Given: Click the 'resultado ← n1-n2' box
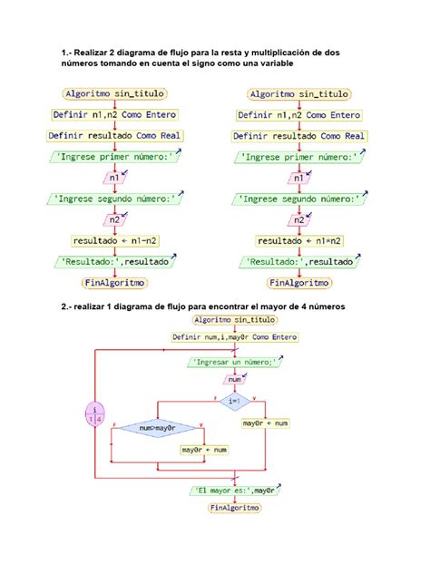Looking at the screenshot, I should point(114,241).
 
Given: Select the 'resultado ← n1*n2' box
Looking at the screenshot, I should point(299,241).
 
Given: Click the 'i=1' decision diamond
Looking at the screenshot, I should point(234,400).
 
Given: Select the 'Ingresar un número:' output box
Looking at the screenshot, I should point(234,361).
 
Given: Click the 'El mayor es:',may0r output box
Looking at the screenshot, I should point(234,490).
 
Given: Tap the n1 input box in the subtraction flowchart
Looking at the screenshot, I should point(114,178).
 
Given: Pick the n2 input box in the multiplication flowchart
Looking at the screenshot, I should point(299,220).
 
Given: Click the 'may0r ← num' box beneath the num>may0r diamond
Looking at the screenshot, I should point(202,450).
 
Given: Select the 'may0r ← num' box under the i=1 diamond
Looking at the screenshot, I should point(265,423).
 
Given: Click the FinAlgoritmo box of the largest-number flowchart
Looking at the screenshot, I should point(234,509).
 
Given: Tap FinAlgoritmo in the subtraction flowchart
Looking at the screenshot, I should point(114,283).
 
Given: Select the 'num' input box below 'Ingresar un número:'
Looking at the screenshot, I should point(234,381).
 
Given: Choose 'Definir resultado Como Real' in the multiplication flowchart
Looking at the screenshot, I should point(299,135).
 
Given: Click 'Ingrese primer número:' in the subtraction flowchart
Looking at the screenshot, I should point(114,156).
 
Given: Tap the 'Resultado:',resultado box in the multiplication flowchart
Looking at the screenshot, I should point(299,262).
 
